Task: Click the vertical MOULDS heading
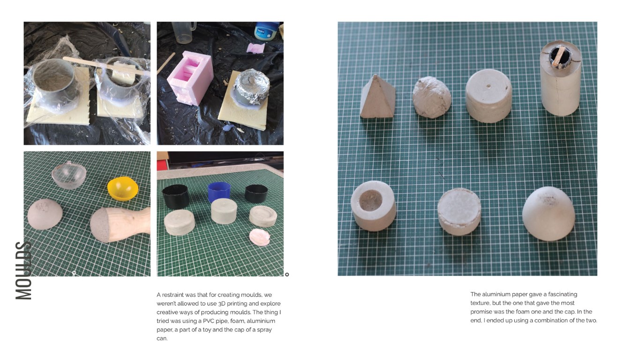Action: (x=23, y=270)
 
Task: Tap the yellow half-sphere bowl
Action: (x=123, y=189)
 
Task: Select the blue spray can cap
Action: (x=219, y=192)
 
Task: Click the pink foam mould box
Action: (x=190, y=78)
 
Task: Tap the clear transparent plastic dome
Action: (x=69, y=175)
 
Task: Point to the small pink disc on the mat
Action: (x=260, y=237)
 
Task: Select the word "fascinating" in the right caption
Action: (x=563, y=294)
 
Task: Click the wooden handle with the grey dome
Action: (x=120, y=224)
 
